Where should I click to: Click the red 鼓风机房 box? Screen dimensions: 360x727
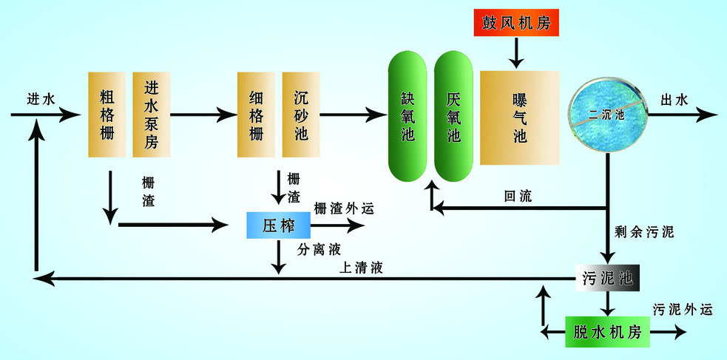coord(517,22)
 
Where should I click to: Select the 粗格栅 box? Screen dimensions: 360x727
coord(108,114)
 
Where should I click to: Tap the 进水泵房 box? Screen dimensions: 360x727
coord(152,114)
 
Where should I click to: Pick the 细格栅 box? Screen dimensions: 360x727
coord(256,114)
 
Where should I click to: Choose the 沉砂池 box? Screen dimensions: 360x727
coord(301,114)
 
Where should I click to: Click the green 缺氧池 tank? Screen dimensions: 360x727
coord(409,117)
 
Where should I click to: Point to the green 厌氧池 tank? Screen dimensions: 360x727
coord(453,117)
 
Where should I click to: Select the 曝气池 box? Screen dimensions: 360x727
coord(519,117)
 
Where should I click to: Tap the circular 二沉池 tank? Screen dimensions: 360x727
coord(608,115)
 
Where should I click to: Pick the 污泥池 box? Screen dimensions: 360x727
coord(606,277)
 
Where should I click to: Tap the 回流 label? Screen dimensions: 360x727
coord(517,197)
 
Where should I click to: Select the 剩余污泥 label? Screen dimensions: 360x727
coord(644,232)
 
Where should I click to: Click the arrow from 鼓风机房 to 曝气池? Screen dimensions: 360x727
coord(517,51)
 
